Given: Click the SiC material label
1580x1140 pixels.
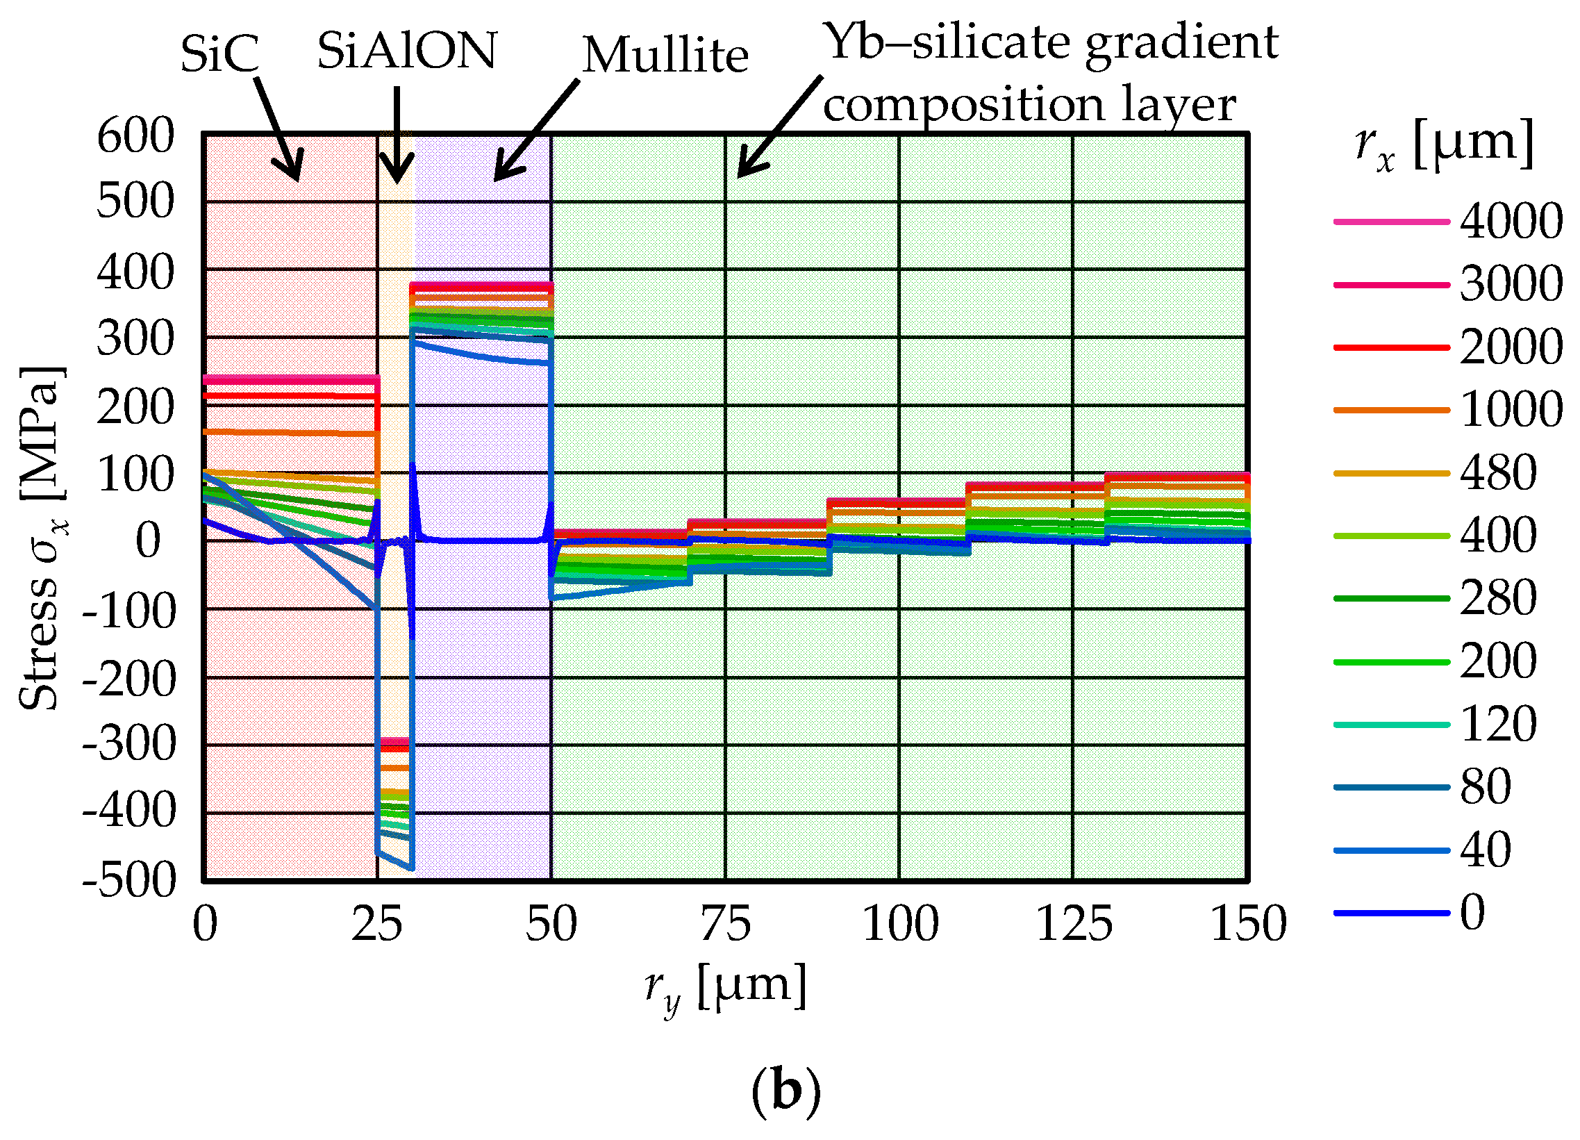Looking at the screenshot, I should (219, 53).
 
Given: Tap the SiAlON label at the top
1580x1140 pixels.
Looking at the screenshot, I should (407, 51).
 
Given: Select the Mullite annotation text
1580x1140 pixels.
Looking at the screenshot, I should (665, 55).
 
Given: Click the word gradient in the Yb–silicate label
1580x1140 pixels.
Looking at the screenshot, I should (1181, 43).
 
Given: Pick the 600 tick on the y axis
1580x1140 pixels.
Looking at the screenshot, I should (135, 136).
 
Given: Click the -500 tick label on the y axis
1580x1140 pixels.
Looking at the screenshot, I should (130, 881).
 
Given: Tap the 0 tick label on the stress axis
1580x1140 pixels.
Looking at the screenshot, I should (148, 540).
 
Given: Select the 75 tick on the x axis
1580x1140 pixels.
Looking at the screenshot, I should (725, 925).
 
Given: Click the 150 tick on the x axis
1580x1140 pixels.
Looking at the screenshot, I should (1248, 925).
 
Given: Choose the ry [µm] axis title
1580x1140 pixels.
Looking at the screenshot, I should (725, 989).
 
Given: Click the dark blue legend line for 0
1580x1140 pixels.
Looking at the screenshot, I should (1391, 913).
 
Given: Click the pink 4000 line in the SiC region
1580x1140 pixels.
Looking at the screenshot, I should (289, 379).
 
